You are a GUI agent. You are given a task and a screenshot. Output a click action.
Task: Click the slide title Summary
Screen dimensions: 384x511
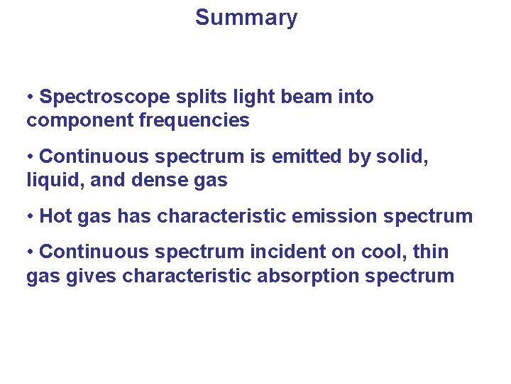pos(246,17)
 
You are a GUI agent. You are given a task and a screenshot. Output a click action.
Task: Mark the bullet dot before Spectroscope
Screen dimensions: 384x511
pos(31,97)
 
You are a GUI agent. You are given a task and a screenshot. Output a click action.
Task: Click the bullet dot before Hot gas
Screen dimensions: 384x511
pos(31,217)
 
